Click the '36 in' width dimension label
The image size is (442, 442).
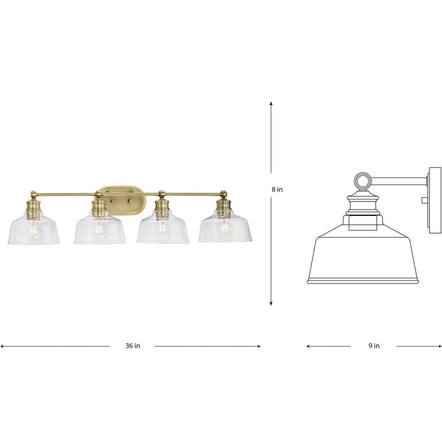(x=132, y=345)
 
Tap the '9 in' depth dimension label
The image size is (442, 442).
(x=373, y=345)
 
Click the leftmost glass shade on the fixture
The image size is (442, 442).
(x=34, y=230)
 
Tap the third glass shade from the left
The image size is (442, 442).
(x=162, y=230)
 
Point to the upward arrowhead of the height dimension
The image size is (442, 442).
(x=272, y=104)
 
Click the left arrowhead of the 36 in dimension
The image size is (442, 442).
(x=3, y=346)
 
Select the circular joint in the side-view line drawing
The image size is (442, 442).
(x=362, y=182)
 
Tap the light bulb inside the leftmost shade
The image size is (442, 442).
(x=34, y=229)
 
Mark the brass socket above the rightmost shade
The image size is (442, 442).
(x=222, y=206)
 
